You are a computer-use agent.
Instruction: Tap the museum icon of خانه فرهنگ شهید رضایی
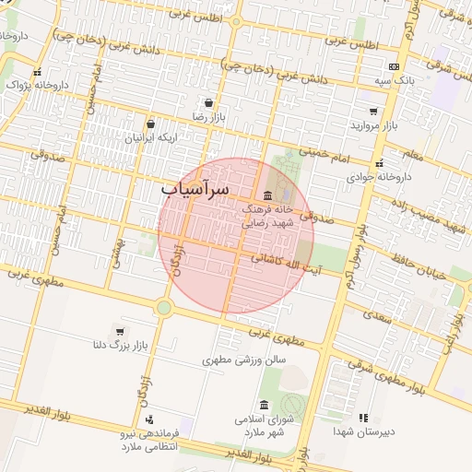pos(267,195)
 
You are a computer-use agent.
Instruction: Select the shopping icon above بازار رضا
pos(209,102)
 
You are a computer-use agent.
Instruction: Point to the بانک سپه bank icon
pos(394,67)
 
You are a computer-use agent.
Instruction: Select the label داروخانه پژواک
pos(38,85)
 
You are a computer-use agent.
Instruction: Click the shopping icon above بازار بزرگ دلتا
pos(120,331)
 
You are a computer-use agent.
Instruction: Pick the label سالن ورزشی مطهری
pos(246,360)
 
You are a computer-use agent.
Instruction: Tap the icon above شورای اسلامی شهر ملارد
pos(265,406)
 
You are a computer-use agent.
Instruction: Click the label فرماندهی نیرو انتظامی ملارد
pos(149,439)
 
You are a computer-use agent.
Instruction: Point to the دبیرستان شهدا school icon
pos(362,418)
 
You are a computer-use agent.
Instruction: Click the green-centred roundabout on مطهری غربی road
pos(164,307)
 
